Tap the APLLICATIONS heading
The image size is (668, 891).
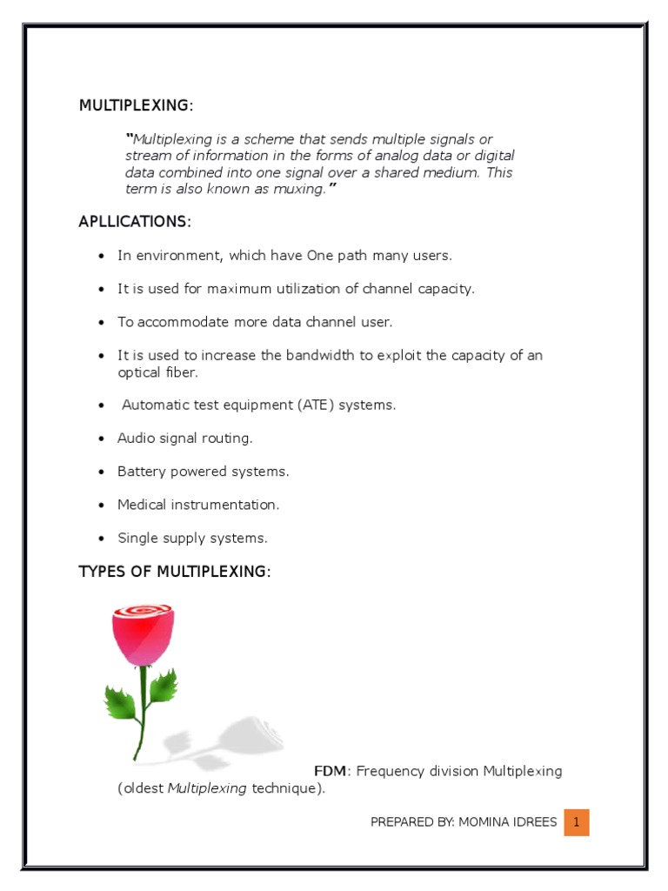pyautogui.click(x=134, y=222)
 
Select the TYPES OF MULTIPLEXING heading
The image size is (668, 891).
pyautogui.click(x=175, y=572)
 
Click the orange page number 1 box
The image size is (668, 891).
pyautogui.click(x=576, y=822)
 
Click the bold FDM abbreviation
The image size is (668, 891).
pyautogui.click(x=331, y=771)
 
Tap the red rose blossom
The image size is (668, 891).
pyautogui.click(x=143, y=633)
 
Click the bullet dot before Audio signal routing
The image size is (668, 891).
pyautogui.click(x=102, y=439)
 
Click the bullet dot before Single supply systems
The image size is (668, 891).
pyautogui.click(x=102, y=539)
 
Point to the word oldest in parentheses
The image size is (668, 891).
pyautogui.click(x=143, y=788)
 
